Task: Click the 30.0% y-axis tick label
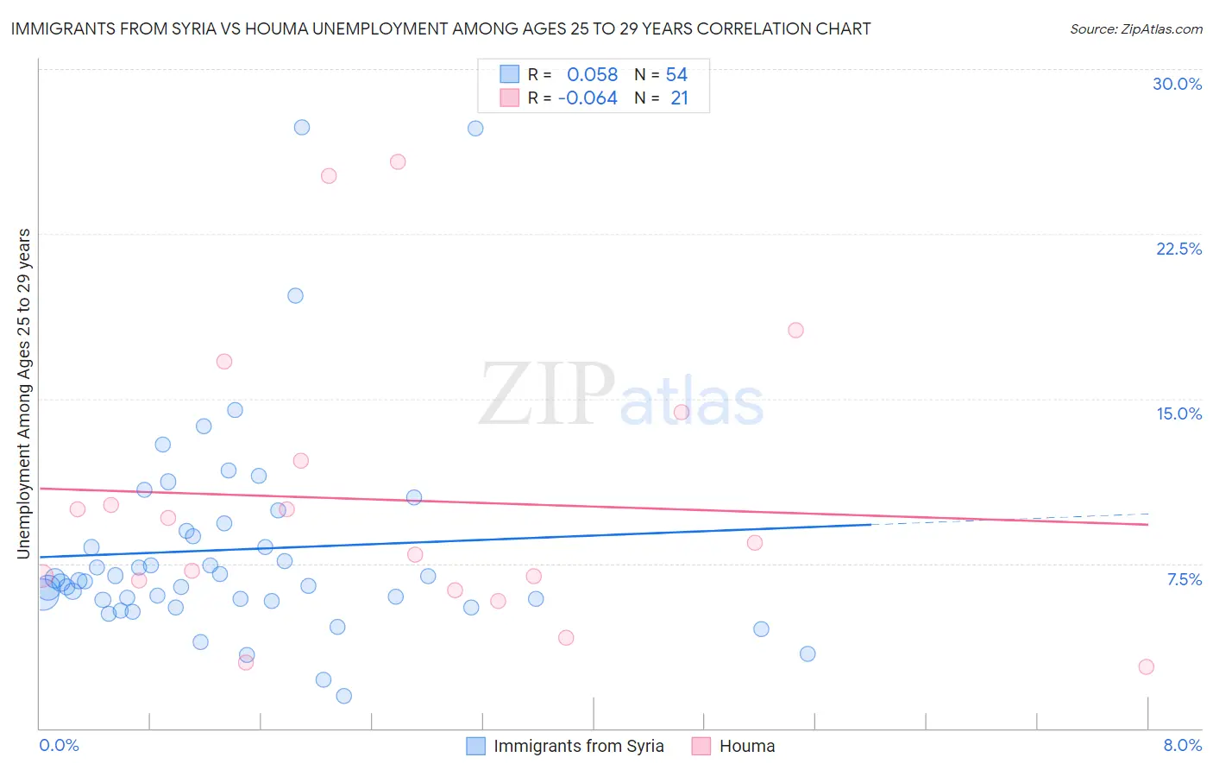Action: (x=1177, y=84)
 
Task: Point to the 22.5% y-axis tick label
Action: (x=1178, y=249)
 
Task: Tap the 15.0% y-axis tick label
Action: (x=1178, y=413)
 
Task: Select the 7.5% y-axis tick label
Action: (x=1184, y=579)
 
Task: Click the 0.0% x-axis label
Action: (x=59, y=745)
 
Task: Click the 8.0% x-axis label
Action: (x=1182, y=745)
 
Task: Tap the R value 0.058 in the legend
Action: (x=592, y=75)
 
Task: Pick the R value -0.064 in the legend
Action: (x=588, y=98)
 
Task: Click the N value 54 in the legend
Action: (x=676, y=75)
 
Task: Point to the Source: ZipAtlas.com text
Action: (x=1135, y=29)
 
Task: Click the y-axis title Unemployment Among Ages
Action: (x=24, y=393)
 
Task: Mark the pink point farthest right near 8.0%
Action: (x=1146, y=666)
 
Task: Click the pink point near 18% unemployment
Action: (x=795, y=330)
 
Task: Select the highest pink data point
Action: (x=398, y=161)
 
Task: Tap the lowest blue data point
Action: (x=343, y=696)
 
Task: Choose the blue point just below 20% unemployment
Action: (x=295, y=295)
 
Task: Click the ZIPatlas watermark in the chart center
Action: (x=621, y=395)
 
